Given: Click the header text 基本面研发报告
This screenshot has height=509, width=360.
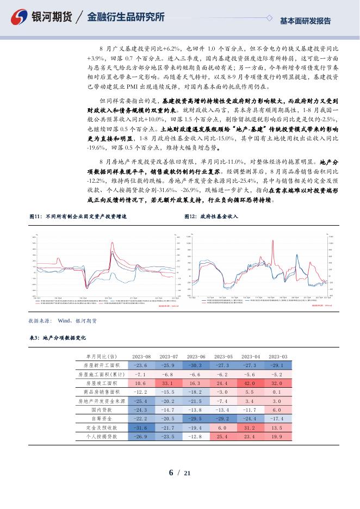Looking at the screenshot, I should pos(305,21).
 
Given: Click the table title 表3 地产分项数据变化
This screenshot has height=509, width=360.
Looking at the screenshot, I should pos(57,337).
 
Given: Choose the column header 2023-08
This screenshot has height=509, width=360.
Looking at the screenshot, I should pos(141,357).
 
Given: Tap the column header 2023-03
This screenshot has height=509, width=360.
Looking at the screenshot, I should pos(277,357).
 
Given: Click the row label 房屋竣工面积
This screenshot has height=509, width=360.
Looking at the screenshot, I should pos(101,383).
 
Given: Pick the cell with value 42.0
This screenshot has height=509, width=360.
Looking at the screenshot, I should pos(250,383).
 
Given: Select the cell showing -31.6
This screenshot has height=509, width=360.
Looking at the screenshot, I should pos(141,428).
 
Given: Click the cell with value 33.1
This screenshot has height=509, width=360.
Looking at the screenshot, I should pos(168,383).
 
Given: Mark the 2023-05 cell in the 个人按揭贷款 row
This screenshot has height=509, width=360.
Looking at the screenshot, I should pos(222,437).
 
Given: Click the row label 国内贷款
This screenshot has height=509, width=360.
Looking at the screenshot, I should pos(101,410).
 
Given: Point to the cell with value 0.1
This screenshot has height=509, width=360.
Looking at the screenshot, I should pos(277,392).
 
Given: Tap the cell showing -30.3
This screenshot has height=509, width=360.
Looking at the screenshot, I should pos(195,365).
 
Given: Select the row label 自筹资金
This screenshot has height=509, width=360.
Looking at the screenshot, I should pos(101,419).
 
